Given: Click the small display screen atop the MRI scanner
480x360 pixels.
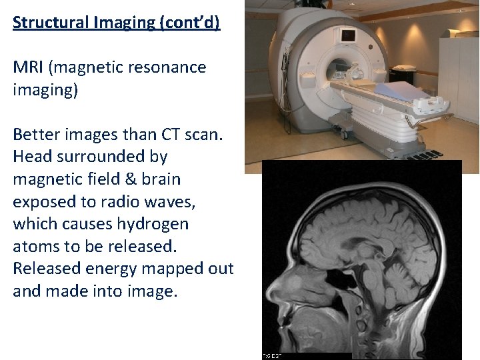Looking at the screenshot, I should (347, 34).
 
